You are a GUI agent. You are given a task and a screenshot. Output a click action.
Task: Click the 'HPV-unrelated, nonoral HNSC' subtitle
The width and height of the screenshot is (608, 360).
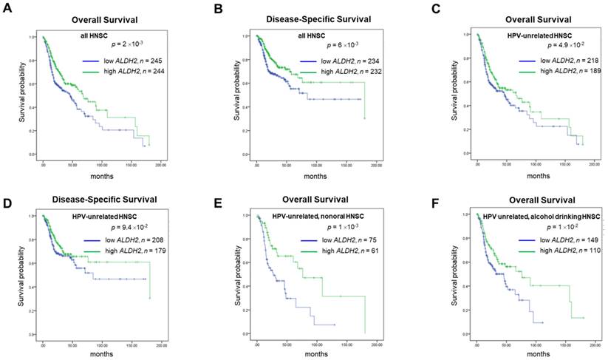tap(312, 215)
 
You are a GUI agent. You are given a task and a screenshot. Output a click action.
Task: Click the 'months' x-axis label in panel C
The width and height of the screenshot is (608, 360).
tap(528, 176)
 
